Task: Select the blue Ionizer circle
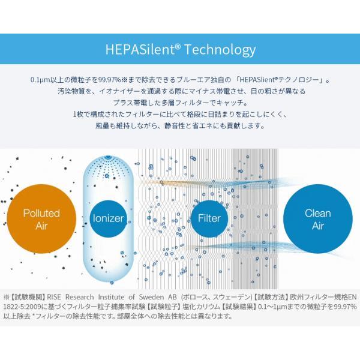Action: [109, 218]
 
